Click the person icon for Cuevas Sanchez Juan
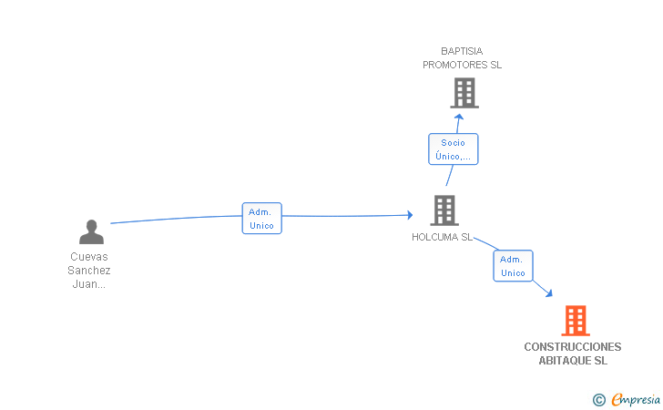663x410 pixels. pos(91,231)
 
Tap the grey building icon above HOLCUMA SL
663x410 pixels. pos(444,210)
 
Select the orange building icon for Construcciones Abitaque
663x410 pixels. pos(576,321)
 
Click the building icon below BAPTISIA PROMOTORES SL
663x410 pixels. pos(464,93)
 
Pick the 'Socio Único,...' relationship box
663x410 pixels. pos(454,149)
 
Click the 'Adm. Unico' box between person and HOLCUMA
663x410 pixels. pos(261,219)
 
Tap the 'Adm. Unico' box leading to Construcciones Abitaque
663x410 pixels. pos(513,266)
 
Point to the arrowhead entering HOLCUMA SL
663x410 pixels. pos(410,215)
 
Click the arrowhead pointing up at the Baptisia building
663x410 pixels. pos(459,117)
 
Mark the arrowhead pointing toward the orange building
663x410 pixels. pos(549,293)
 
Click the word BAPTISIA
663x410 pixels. pos(462,51)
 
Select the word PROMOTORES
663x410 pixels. pos(455,65)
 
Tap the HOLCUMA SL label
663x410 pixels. pos(443,237)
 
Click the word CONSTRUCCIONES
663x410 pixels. pos(573,347)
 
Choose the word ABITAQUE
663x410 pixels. pos(566,361)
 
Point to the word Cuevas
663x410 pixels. pos(89,257)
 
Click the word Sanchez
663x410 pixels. pos(89,271)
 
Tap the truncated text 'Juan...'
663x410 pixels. pos(89,284)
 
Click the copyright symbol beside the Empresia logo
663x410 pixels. pos(599,400)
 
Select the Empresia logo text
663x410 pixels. pos(636,399)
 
